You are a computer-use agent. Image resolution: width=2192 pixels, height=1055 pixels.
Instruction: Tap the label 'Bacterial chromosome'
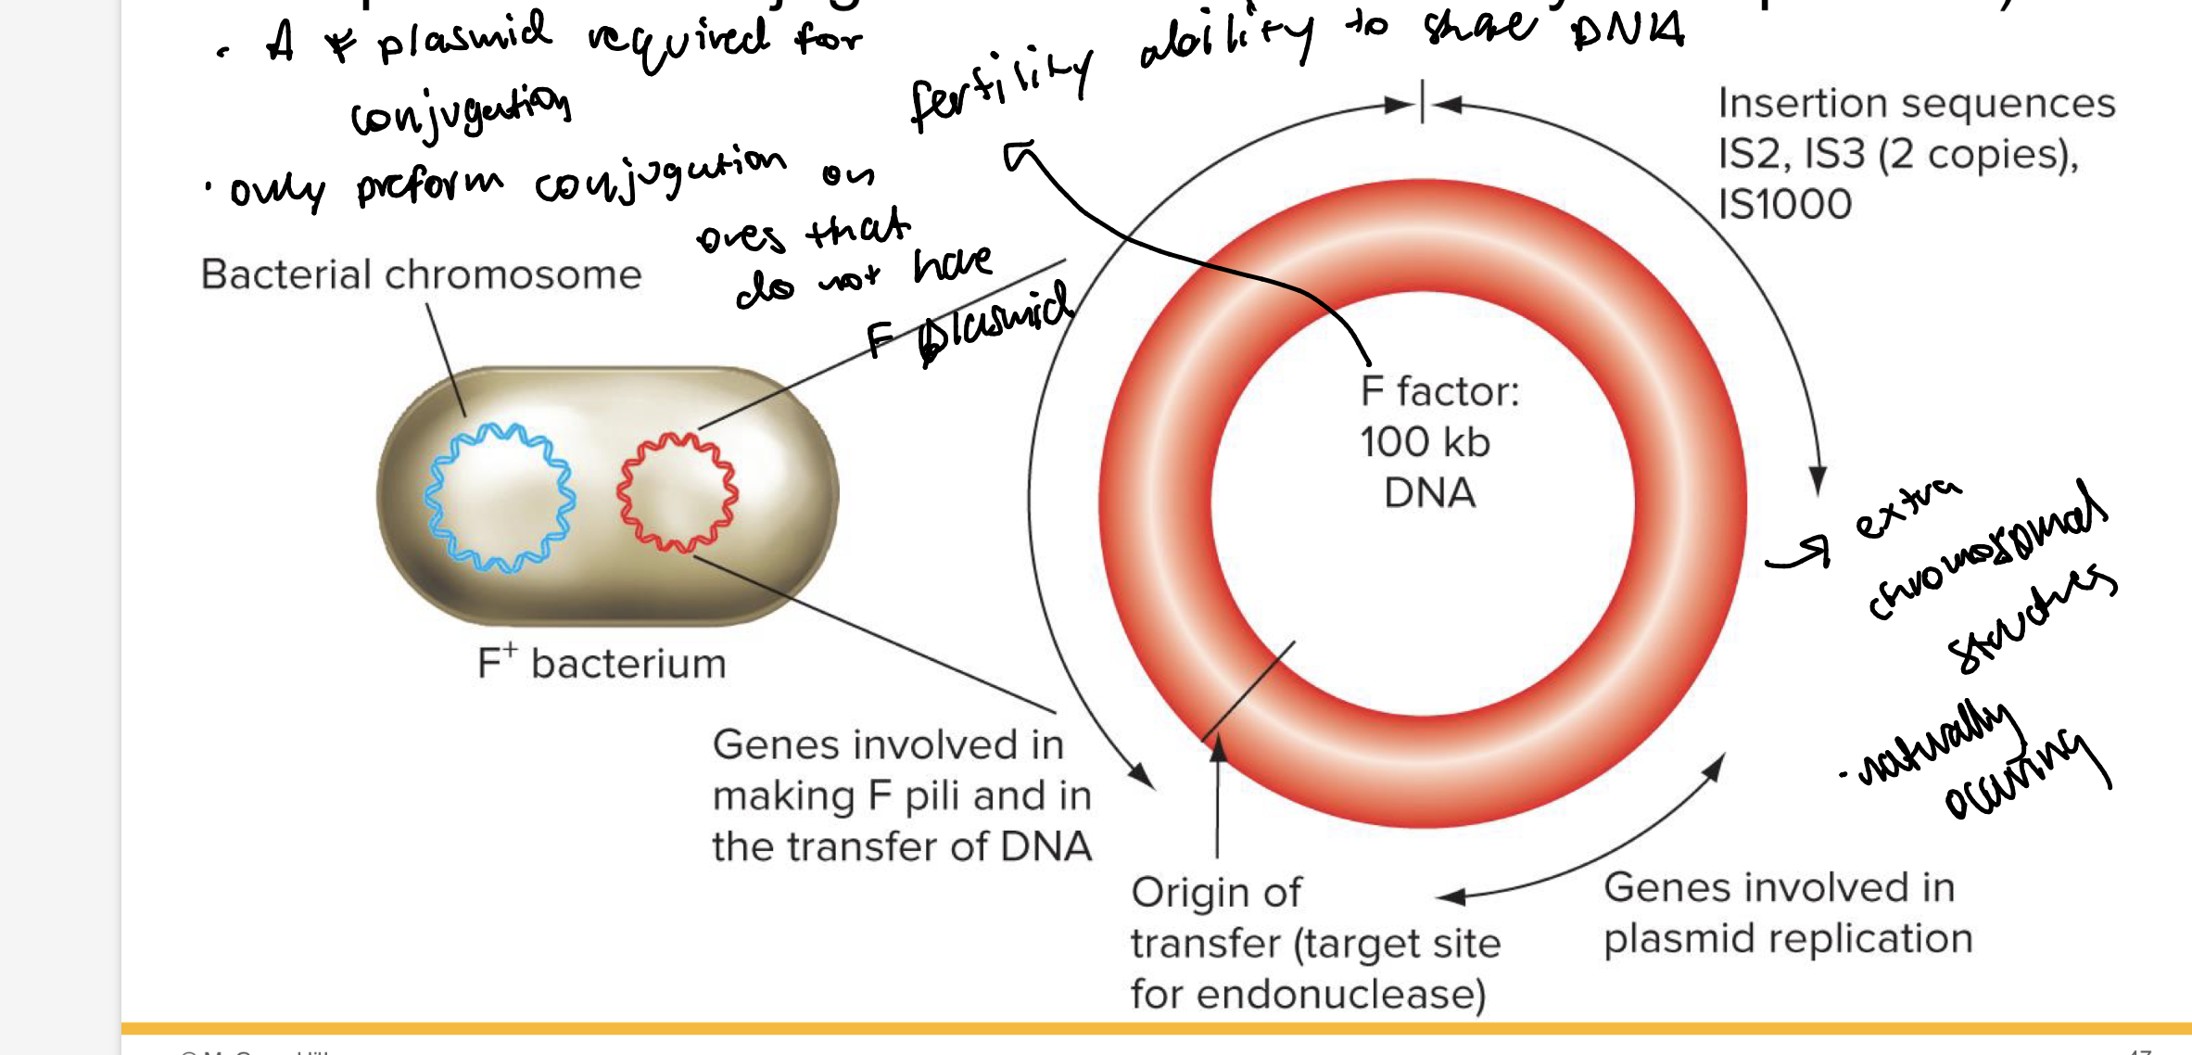(x=421, y=274)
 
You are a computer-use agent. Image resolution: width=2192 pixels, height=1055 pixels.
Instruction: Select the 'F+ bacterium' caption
(x=602, y=663)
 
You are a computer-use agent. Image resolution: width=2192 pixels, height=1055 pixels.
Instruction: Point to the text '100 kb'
(x=1425, y=442)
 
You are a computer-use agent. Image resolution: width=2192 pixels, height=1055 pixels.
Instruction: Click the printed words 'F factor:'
(x=1439, y=391)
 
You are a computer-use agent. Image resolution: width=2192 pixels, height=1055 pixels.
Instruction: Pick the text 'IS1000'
(x=1784, y=204)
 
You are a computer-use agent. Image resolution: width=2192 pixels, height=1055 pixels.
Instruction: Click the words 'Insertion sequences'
(x=1916, y=103)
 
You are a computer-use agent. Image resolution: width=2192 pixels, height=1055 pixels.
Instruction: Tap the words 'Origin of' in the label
(x=1216, y=893)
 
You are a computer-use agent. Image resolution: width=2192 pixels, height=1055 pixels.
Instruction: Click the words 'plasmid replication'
(x=1788, y=938)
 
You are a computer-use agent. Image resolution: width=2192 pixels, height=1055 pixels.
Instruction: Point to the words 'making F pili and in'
(x=901, y=795)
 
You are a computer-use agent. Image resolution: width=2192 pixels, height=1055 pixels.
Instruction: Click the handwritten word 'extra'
(x=1907, y=510)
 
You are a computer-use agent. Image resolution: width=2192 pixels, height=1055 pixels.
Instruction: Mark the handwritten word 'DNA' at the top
(x=1628, y=32)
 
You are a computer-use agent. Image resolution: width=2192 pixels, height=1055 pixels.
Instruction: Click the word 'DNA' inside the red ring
(x=1429, y=493)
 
